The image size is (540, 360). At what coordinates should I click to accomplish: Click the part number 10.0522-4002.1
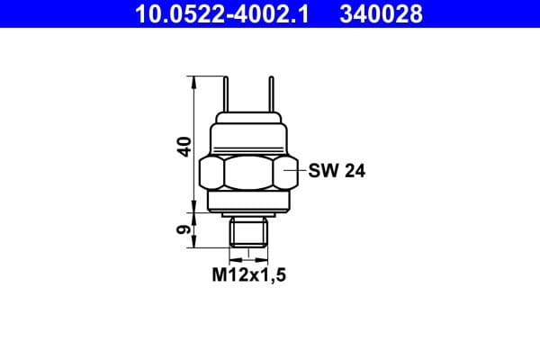pyautogui.click(x=217, y=13)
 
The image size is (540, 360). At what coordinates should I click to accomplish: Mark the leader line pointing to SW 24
pyautogui.click(x=295, y=168)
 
